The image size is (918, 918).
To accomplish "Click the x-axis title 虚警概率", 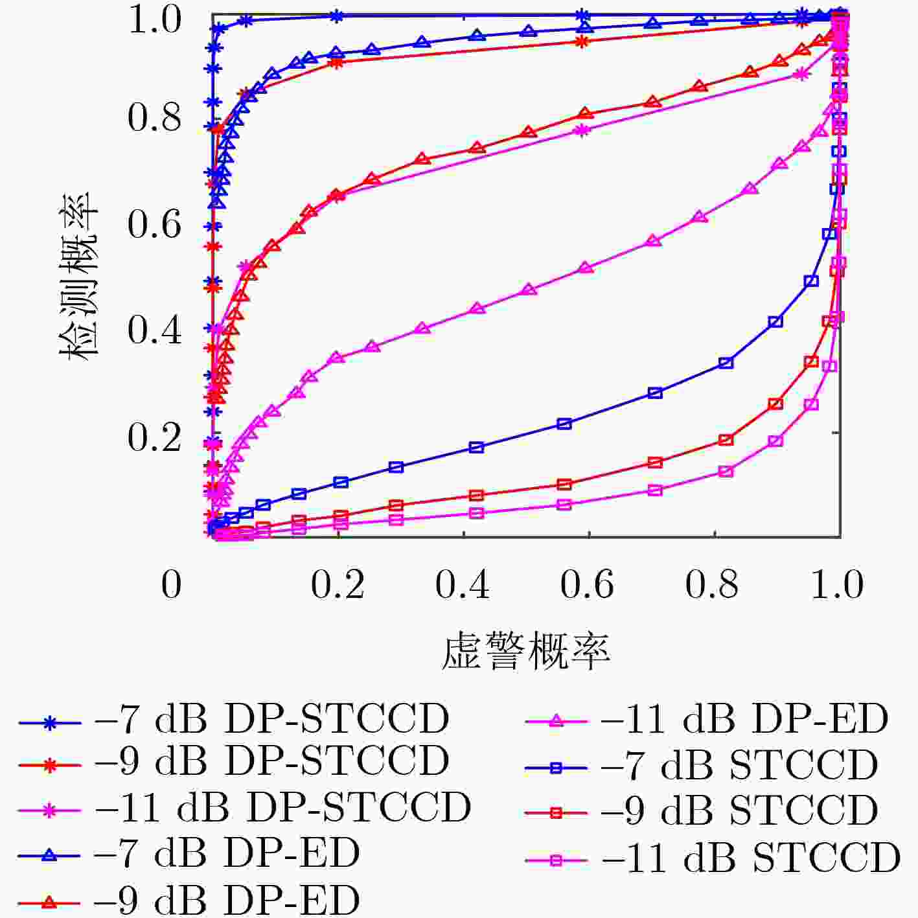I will [x=525, y=651].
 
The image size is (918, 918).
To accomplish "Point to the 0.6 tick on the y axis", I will [x=154, y=224].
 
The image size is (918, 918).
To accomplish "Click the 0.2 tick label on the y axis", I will [x=154, y=437].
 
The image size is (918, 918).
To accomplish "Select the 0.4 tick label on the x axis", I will [x=463, y=584].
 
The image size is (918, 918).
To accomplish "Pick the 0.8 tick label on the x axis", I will [x=712, y=584].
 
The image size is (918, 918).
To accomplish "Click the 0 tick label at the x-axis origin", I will [x=171, y=584].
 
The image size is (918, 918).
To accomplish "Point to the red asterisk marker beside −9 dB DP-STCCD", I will [x=49, y=765].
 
